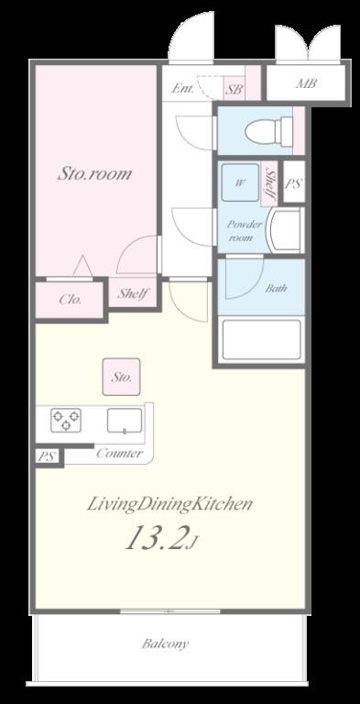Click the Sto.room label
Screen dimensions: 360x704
click(94, 174)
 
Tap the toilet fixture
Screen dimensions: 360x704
click(269, 131)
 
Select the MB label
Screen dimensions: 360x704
click(307, 83)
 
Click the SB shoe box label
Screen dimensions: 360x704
click(234, 89)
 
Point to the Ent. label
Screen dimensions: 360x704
click(182, 88)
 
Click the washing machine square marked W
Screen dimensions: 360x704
click(240, 182)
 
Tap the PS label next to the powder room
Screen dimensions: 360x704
click(293, 183)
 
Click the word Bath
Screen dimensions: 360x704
click(276, 288)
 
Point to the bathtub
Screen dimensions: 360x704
click(261, 339)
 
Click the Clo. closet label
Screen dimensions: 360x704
click(71, 300)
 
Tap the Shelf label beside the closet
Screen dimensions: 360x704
click(134, 293)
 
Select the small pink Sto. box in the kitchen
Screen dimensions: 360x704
click(121, 377)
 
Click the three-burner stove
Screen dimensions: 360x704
click(66, 420)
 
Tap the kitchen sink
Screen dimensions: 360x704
click(125, 421)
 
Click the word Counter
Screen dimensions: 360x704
click(120, 453)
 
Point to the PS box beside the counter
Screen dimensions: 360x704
click(47, 457)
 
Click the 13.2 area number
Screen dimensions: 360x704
click(155, 539)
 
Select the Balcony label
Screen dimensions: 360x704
click(165, 643)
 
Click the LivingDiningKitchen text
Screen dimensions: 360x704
click(169, 505)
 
